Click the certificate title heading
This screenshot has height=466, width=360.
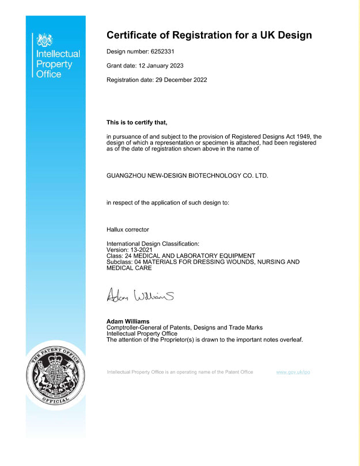(x=209, y=35)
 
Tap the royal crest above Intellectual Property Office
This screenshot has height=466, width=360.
(x=44, y=40)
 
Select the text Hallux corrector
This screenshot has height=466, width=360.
(x=128, y=229)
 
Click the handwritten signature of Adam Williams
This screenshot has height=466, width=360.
(x=140, y=296)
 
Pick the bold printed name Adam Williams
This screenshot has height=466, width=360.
(x=128, y=321)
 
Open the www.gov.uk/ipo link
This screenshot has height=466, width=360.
(x=293, y=372)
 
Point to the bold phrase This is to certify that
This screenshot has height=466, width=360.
(x=137, y=122)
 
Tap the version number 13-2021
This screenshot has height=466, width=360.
(x=142, y=249)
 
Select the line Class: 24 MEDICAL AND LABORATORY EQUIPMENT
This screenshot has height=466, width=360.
(x=180, y=255)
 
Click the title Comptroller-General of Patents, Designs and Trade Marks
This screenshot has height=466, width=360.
(x=184, y=327)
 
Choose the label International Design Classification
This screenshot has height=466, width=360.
(x=153, y=244)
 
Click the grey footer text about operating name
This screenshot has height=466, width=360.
(x=180, y=372)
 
